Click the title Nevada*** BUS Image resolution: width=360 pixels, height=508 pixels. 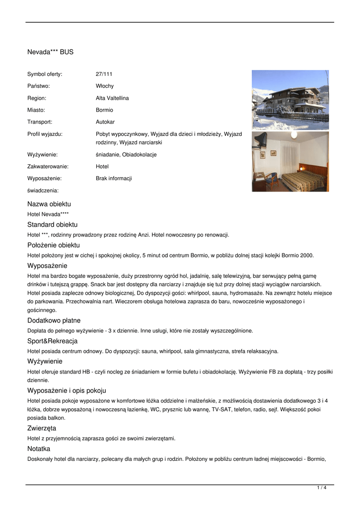click(50, 52)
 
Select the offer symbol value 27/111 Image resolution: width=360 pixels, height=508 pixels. click(104, 74)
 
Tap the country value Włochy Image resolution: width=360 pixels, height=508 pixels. click(104, 86)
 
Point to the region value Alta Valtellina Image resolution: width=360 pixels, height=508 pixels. click(112, 98)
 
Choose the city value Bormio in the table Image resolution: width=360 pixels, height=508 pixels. click(104, 110)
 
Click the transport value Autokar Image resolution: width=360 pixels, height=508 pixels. click(105, 122)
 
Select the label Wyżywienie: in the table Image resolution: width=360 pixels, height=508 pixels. click(42, 155)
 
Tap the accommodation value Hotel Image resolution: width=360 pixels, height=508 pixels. click(102, 167)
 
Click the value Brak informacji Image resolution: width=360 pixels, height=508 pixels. click(114, 179)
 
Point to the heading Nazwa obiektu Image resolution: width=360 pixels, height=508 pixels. click(49, 204)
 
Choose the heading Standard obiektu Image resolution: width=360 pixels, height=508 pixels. click(52, 225)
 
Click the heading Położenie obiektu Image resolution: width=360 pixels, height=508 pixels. click(54, 246)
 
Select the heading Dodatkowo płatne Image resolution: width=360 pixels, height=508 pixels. click(54, 320)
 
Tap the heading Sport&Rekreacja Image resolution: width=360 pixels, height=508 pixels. click(52, 341)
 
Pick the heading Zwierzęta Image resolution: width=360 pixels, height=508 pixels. click(42, 428)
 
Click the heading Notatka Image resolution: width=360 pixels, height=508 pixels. click(39, 449)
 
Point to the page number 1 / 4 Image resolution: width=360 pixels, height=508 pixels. click(322, 488)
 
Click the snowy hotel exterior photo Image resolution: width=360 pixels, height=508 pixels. click(290, 100)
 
